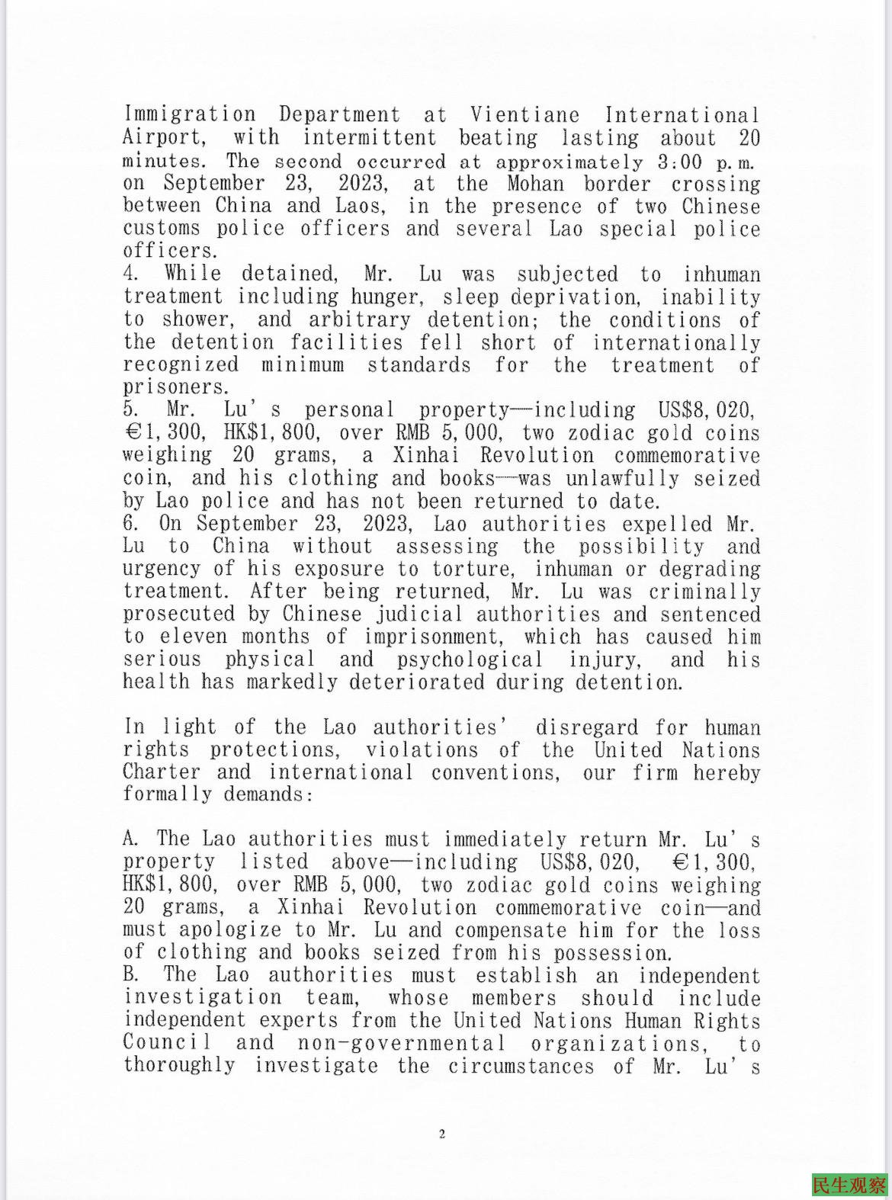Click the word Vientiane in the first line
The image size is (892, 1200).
(524, 115)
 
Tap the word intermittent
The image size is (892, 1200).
(370, 138)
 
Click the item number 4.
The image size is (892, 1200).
(130, 274)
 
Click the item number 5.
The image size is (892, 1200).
(130, 410)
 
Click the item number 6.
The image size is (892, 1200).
(130, 524)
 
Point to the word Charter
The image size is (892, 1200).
(161, 772)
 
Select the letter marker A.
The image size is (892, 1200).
(130, 839)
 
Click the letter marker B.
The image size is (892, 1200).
(130, 975)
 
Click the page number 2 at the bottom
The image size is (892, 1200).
(441, 1134)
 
